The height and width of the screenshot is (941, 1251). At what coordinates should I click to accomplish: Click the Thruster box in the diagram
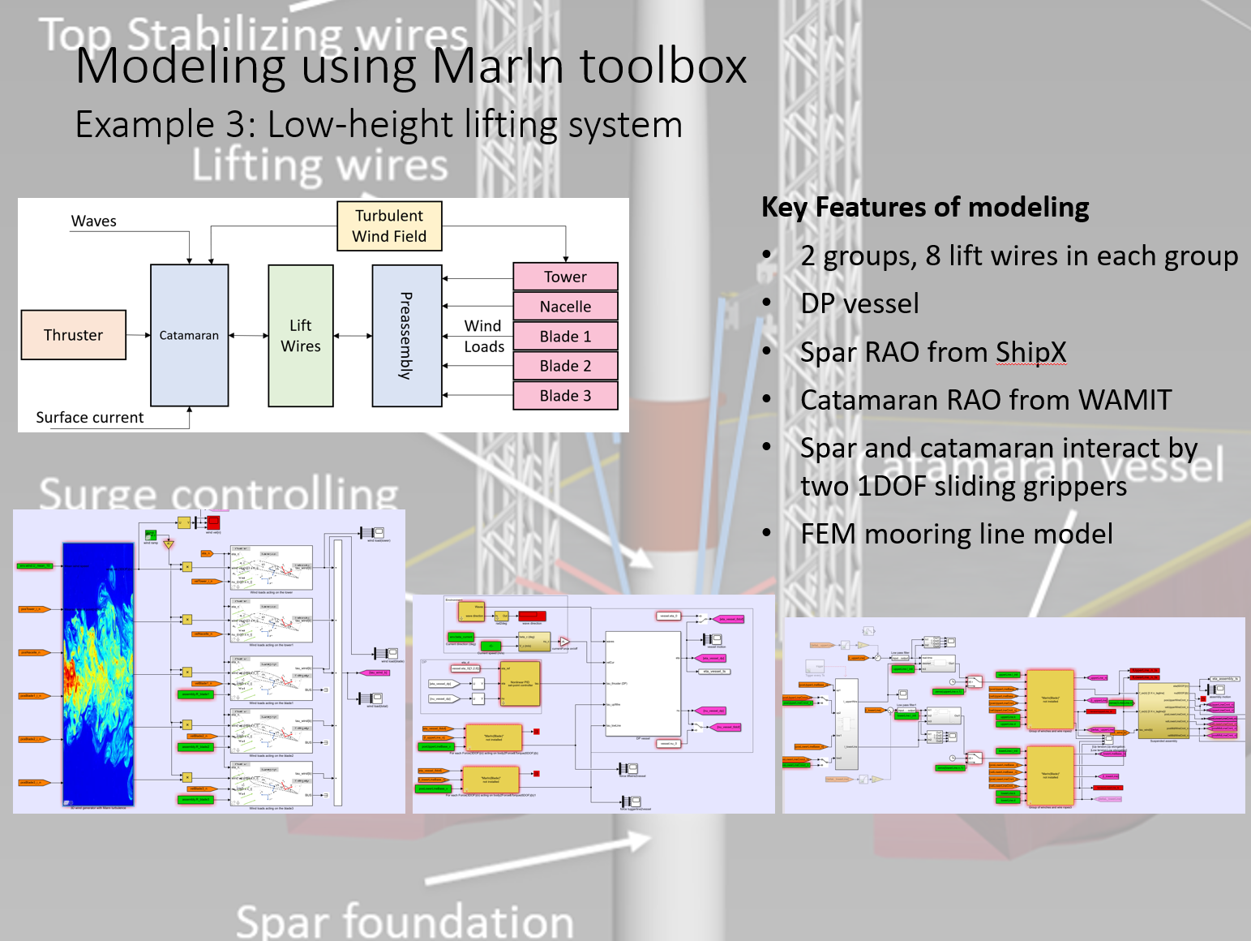73,335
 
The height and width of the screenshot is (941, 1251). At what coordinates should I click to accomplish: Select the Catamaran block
189,335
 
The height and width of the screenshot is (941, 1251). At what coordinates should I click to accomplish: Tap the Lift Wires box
300,336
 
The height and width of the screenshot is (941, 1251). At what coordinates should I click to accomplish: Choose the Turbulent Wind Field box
389,226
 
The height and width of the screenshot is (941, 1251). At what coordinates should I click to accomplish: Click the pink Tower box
565,277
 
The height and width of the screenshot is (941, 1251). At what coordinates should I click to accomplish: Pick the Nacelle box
565,307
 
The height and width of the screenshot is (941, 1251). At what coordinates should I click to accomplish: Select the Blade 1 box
565,337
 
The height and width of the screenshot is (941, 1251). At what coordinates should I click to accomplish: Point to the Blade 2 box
565,366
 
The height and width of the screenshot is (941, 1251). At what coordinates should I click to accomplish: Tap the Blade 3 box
565,396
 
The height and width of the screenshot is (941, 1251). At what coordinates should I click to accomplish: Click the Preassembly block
406,336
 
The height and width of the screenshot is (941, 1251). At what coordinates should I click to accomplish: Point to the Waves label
94,221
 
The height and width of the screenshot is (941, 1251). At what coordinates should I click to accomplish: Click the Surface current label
89,418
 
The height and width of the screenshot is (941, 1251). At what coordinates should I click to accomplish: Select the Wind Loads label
484,336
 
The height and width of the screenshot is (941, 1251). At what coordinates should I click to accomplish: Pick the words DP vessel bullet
859,303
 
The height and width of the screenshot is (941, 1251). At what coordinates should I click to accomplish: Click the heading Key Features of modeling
925,208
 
